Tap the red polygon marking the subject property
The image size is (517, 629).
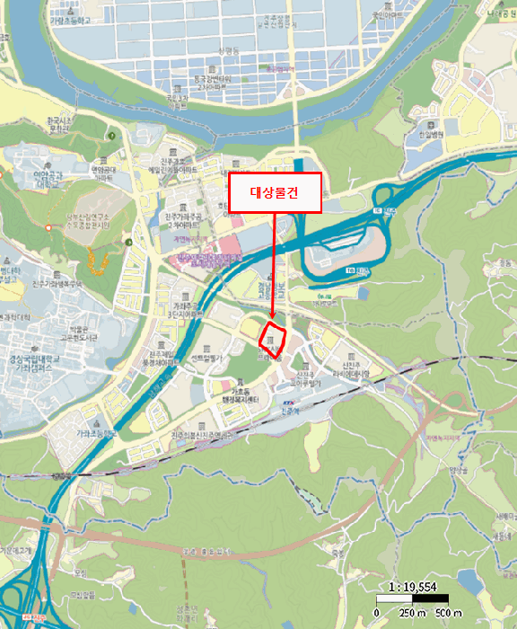[273, 341]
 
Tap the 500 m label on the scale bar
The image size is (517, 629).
[450, 613]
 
